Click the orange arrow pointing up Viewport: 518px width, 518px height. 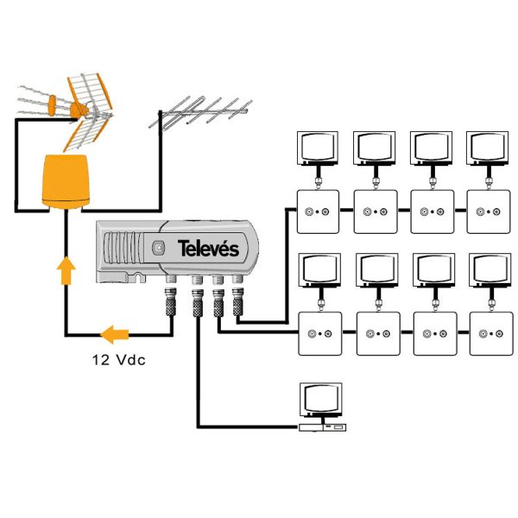click(66, 269)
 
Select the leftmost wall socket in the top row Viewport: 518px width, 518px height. click(319, 212)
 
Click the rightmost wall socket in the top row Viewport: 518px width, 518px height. click(488, 212)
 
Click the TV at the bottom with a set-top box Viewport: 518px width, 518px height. click(320, 404)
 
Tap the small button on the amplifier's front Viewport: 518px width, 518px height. click(157, 249)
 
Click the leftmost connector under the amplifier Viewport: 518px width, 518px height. click(170, 302)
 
